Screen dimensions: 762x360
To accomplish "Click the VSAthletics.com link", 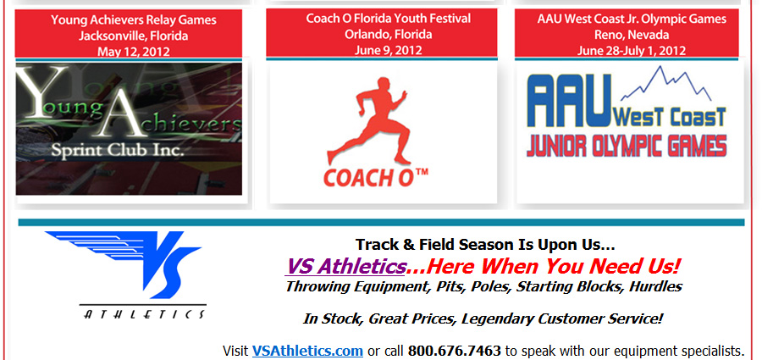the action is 307,351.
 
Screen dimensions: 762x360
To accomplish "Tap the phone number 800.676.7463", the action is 454,351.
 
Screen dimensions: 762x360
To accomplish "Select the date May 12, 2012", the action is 134,51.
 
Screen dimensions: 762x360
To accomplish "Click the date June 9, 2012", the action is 382,50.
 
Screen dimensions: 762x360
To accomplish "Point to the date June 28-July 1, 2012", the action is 632,51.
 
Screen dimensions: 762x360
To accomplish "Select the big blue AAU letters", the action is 569,100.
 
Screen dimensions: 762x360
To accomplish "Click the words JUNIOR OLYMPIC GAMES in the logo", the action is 627,145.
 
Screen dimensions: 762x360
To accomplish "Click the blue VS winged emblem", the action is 123,264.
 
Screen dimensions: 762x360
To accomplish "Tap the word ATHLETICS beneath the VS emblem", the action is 144,314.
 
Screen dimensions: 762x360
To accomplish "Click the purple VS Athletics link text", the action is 346,266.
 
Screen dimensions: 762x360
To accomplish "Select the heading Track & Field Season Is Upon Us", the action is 485,244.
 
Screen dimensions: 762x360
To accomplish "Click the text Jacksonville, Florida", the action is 134,36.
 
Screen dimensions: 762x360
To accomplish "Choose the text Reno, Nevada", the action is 632,35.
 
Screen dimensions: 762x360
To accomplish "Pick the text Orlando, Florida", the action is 382,34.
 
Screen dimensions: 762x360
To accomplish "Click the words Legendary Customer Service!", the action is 562,319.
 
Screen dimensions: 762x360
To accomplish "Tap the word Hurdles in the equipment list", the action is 655,286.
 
